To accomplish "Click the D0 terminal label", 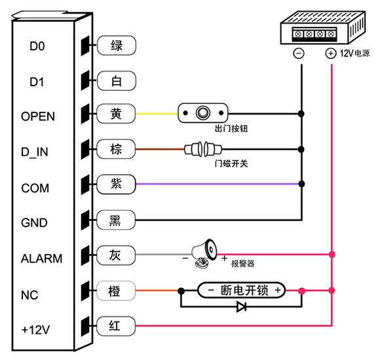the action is (37, 46).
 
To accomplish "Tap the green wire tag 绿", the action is (117, 45).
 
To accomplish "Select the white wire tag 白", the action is (117, 81).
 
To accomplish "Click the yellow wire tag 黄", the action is (116, 113).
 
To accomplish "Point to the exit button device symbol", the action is (203, 113).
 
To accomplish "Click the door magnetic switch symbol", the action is (203, 149).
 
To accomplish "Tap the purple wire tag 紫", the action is (116, 184).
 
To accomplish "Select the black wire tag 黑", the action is (116, 220).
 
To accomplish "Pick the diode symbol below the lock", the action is (242, 307).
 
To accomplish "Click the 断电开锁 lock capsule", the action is (242, 290).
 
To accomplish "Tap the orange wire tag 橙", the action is (116, 291).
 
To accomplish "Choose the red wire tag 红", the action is (116, 326).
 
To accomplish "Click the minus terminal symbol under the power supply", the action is (299, 53).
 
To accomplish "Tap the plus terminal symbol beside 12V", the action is (331, 53).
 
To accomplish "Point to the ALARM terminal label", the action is (41, 259).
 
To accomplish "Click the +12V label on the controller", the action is (35, 329).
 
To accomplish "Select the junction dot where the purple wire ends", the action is (301, 184).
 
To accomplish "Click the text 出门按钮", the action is (231, 128).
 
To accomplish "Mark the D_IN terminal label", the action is (35, 152).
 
